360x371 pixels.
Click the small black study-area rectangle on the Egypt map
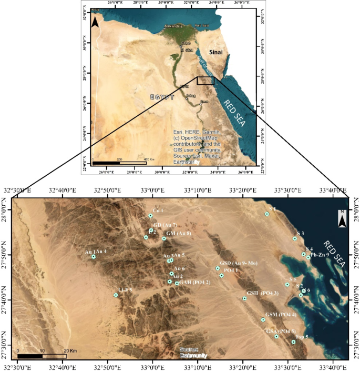[x=205, y=81]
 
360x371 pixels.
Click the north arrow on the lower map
[x=342, y=219]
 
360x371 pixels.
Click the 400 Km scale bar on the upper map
[x=119, y=163]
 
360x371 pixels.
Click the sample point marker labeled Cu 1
[x=150, y=216]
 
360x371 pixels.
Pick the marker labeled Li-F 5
[x=116, y=295]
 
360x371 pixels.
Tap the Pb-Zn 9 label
[x=320, y=255]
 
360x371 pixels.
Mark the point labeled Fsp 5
[x=293, y=342]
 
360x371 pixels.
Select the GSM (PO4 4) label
[x=281, y=315]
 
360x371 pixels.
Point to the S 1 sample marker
[x=267, y=214]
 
